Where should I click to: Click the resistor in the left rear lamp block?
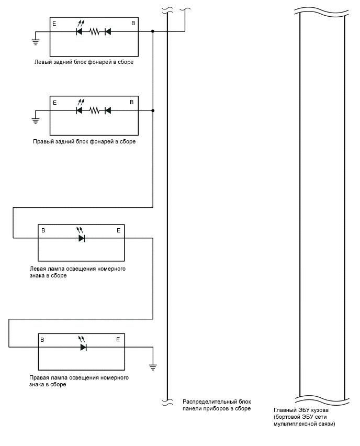pos(94,31)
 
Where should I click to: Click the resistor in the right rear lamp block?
pos(94,110)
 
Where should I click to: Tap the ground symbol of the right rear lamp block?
pos(36,120)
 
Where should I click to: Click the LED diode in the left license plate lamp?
pos(82,238)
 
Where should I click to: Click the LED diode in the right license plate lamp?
pos(83,347)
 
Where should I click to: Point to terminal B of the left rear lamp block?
pos(133,24)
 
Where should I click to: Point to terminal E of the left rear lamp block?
pos(54,24)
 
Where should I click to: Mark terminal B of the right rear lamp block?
pos(132,102)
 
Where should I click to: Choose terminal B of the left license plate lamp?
pos(43,230)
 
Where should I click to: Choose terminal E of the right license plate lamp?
pos(118,339)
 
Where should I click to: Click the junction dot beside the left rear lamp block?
pos(153,31)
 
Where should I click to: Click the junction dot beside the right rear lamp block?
pos(153,110)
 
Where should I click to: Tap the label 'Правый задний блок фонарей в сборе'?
pos(84,142)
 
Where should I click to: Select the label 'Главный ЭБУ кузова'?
pos(301,410)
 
